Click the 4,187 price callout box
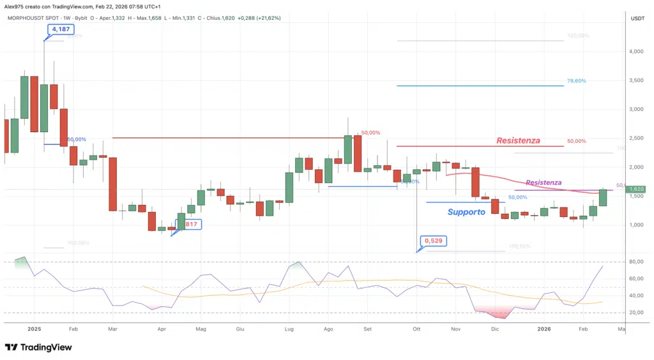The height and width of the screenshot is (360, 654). (57, 29)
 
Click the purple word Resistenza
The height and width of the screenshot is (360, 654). (544, 183)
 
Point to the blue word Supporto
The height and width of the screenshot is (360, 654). (466, 212)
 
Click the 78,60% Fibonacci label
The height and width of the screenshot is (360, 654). (576, 81)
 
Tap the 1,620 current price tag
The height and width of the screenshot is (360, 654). (637, 189)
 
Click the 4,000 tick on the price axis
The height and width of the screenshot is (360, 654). (637, 51)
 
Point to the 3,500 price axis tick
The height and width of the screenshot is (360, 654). (637, 80)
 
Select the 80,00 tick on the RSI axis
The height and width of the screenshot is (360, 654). (636, 262)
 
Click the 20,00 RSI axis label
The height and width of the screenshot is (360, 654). (636, 312)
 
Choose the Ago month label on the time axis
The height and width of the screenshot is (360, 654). (329, 329)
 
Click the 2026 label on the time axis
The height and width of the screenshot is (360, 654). (544, 329)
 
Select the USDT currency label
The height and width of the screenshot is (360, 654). (637, 19)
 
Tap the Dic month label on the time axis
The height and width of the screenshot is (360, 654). (495, 329)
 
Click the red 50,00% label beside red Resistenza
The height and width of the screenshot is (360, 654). (576, 141)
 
